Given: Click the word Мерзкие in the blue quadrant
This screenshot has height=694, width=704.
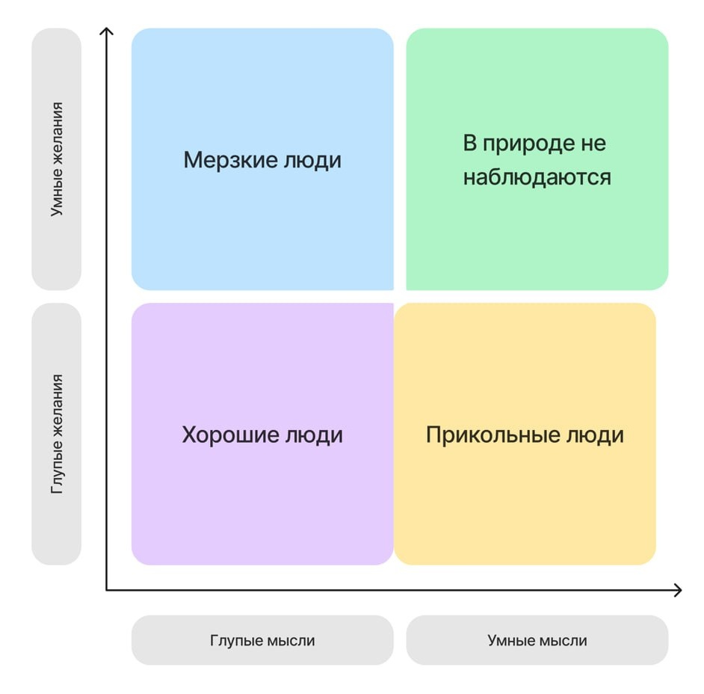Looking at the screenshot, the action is coord(227,160).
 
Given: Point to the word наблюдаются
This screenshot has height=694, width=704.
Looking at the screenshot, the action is coord(537,177).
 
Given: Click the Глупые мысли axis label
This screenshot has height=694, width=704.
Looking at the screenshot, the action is coord(262,640).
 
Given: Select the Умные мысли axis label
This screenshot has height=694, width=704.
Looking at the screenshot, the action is coord(537,640).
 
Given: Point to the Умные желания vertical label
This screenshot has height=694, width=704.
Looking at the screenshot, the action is coord(57,159).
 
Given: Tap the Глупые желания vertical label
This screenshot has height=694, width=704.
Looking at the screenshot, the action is coord(57,434).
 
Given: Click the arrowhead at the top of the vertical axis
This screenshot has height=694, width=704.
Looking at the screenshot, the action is coord(107,31).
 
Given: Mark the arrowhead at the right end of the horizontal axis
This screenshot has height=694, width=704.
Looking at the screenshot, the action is coord(678,590).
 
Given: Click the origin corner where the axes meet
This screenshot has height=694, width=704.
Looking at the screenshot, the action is coord(107,590).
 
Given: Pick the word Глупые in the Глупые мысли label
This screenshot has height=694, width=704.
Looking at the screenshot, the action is coord(235,640).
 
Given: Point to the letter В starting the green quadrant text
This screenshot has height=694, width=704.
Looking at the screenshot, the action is coord(469,144).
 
